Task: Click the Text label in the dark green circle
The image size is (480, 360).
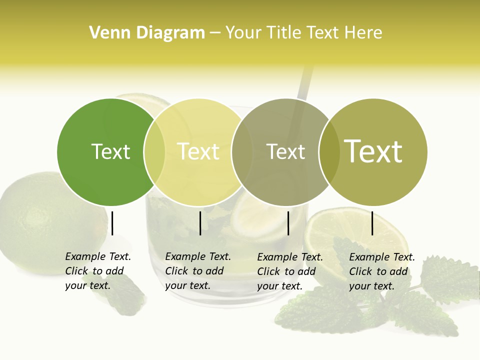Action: pyautogui.click(x=110, y=152)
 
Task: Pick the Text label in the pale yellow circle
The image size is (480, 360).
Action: pyautogui.click(x=198, y=152)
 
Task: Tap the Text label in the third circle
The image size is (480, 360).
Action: pyautogui.click(x=285, y=152)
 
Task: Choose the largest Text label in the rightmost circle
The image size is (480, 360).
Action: pyautogui.click(x=373, y=151)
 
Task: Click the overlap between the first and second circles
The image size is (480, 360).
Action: pyautogui.click(x=154, y=152)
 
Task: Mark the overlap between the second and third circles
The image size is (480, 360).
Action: pyautogui.click(x=241, y=152)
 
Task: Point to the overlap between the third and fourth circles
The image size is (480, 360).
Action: pyautogui.click(x=329, y=152)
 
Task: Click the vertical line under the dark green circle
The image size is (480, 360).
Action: pyautogui.click(x=112, y=223)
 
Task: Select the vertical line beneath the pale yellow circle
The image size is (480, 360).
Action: pyautogui.click(x=200, y=223)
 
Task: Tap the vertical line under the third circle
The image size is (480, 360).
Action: pyautogui.click(x=288, y=223)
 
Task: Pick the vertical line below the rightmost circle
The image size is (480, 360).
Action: pyautogui.click(x=372, y=223)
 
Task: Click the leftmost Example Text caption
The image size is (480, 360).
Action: pyautogui.click(x=98, y=271)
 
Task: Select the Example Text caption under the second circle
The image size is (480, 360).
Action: pyautogui.click(x=198, y=271)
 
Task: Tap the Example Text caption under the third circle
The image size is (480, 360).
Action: pyautogui.click(x=290, y=271)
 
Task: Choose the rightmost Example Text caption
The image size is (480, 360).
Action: pyautogui.click(x=382, y=271)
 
